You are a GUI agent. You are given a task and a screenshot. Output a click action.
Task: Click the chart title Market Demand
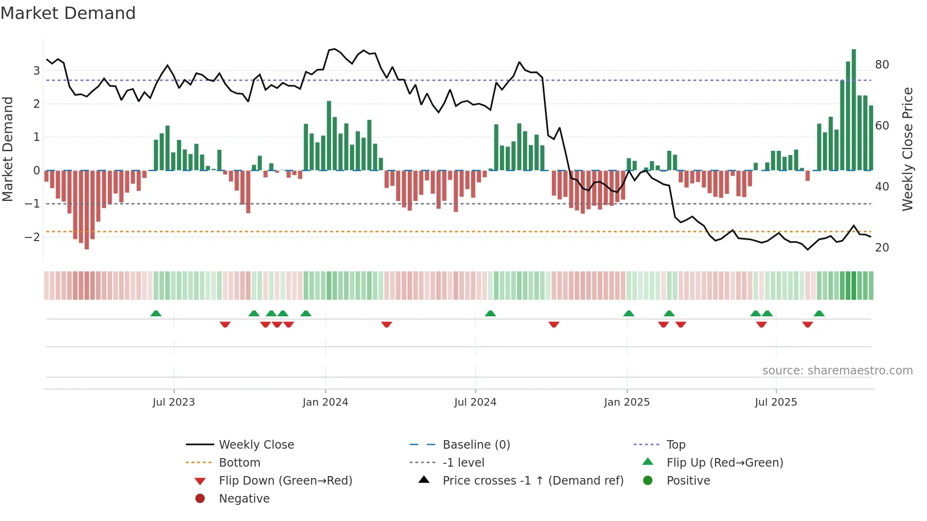68,13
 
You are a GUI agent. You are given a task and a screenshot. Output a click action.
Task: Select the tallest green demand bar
854,110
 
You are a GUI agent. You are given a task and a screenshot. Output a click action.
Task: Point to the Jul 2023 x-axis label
174,402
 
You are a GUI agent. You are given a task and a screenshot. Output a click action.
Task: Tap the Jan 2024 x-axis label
325,402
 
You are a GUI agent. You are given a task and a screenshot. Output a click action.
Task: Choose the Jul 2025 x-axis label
776,402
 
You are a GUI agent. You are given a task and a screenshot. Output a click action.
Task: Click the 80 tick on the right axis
882,65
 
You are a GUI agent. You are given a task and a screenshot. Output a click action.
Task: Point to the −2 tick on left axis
32,237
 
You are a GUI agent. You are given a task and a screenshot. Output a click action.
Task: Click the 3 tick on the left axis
36,71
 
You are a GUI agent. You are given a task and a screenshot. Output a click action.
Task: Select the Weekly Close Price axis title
907,149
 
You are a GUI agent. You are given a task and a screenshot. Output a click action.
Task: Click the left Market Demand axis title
8,149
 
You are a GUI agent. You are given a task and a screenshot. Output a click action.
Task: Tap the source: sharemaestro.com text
837,371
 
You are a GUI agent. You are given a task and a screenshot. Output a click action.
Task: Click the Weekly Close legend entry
256,445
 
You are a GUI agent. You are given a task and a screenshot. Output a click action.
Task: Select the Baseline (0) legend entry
476,445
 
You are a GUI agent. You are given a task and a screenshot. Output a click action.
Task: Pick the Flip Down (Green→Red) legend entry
285,481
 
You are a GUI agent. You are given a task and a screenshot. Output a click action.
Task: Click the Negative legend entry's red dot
200,499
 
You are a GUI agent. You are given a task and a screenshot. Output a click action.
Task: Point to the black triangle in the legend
424,480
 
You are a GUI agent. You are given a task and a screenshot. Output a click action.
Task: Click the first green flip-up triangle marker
156,313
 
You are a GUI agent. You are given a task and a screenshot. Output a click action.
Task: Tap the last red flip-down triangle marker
807,324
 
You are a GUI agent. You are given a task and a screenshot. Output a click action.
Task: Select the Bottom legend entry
239,463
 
